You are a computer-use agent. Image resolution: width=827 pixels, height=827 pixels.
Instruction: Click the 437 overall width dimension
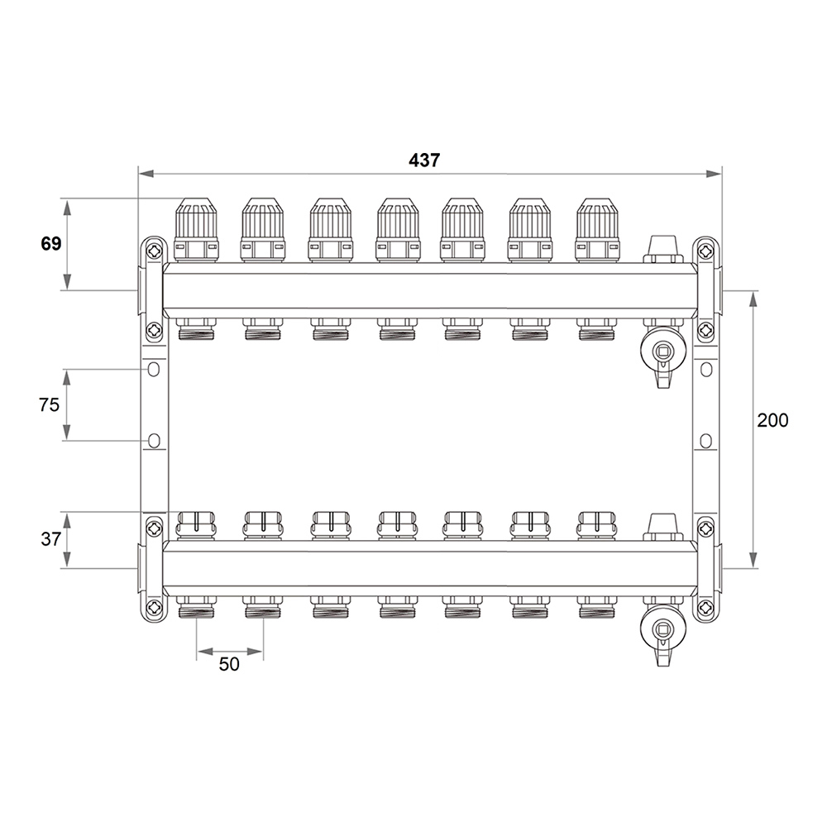click(x=424, y=160)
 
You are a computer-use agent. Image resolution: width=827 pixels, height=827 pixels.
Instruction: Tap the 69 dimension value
click(x=51, y=244)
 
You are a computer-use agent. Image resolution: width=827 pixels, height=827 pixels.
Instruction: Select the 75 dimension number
click(x=49, y=404)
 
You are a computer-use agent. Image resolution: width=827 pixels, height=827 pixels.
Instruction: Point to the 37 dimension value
click(x=50, y=539)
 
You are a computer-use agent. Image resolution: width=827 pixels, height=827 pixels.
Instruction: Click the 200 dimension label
click(x=772, y=420)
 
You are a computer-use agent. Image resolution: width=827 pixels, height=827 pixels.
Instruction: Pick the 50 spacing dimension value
click(x=229, y=664)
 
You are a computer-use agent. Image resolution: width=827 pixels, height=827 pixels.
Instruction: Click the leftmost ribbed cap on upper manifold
click(x=196, y=230)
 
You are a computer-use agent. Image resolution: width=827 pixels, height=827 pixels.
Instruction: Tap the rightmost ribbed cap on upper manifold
click(x=598, y=230)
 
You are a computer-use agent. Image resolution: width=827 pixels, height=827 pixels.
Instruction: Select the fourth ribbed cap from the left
click(x=399, y=230)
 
